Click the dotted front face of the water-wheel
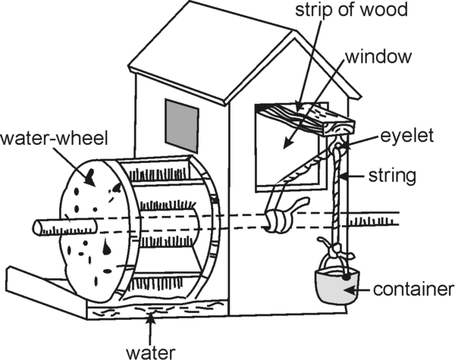(x=95, y=227)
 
